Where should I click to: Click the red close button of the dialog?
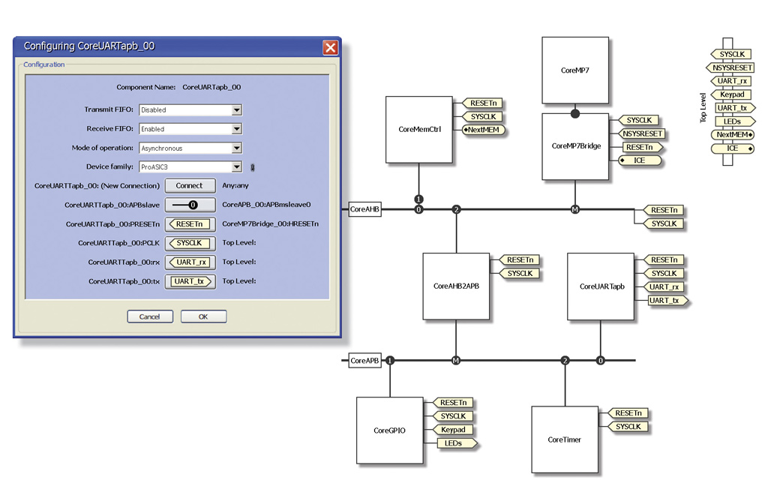[330, 47]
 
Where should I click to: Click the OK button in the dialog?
[203, 316]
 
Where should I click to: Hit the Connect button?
[189, 185]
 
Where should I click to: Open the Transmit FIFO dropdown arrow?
[236, 110]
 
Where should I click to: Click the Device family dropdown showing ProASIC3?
[190, 167]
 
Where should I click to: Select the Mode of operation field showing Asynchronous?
[190, 148]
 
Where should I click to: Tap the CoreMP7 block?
[575, 70]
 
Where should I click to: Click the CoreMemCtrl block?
[419, 129]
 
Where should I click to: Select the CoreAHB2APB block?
[456, 286]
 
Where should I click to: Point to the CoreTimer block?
[565, 439]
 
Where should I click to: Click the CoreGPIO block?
[389, 430]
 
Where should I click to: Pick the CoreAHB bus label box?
[365, 209]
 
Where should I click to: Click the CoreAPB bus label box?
[365, 361]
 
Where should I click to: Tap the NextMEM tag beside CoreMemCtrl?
[484, 130]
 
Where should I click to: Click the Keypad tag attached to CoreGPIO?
[453, 430]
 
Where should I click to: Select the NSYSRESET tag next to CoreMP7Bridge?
[643, 133]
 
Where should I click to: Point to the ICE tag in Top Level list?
[733, 148]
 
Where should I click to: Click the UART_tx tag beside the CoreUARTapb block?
[665, 301]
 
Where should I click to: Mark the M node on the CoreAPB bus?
[455, 361]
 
